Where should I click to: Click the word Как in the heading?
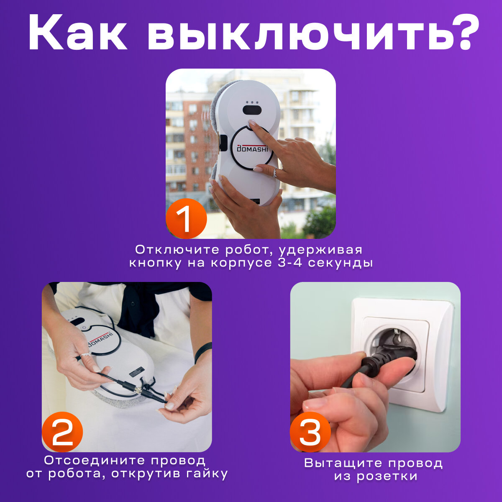point(77,32)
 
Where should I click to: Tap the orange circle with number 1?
point(186,218)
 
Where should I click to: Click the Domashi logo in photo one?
point(252,148)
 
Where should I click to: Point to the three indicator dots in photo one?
point(252,102)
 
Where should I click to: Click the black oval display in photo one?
point(252,110)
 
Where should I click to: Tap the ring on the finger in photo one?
point(275,173)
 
